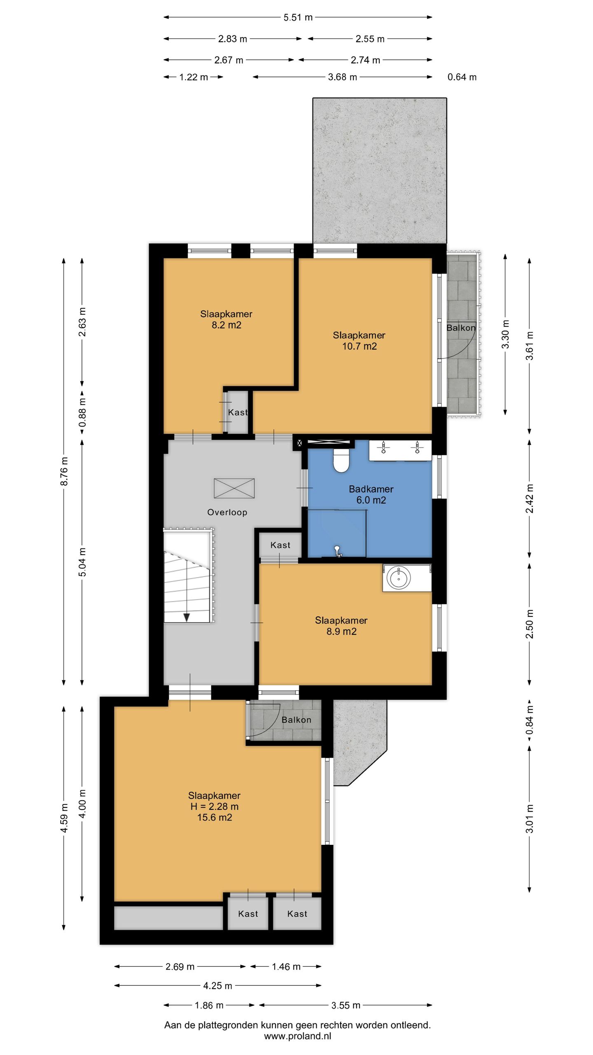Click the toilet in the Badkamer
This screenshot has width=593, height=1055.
pyautogui.click(x=341, y=460)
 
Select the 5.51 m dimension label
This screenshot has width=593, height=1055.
pyautogui.click(x=298, y=17)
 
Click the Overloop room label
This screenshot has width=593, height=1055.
pyautogui.click(x=227, y=512)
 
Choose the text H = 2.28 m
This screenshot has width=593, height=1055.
pyautogui.click(x=215, y=806)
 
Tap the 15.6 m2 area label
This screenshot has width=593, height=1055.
pyautogui.click(x=215, y=818)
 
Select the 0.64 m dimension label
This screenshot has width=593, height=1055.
pyautogui.click(x=462, y=77)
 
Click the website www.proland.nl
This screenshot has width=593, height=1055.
pyautogui.click(x=297, y=1036)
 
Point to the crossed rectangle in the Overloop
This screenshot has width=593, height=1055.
pyautogui.click(x=234, y=488)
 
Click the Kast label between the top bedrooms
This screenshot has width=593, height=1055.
pyautogui.click(x=238, y=413)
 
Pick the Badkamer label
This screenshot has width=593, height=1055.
pyautogui.click(x=371, y=489)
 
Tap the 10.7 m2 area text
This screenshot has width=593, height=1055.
pyautogui.click(x=360, y=346)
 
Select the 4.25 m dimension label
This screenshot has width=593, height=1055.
pyautogui.click(x=218, y=986)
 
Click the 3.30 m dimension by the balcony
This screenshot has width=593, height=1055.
pyautogui.click(x=506, y=334)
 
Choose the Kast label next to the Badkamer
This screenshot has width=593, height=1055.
pyautogui.click(x=280, y=545)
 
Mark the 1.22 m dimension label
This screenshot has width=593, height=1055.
pyautogui.click(x=194, y=77)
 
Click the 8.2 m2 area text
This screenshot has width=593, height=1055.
pyautogui.click(x=226, y=325)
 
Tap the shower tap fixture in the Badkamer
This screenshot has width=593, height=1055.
pyautogui.click(x=338, y=551)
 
